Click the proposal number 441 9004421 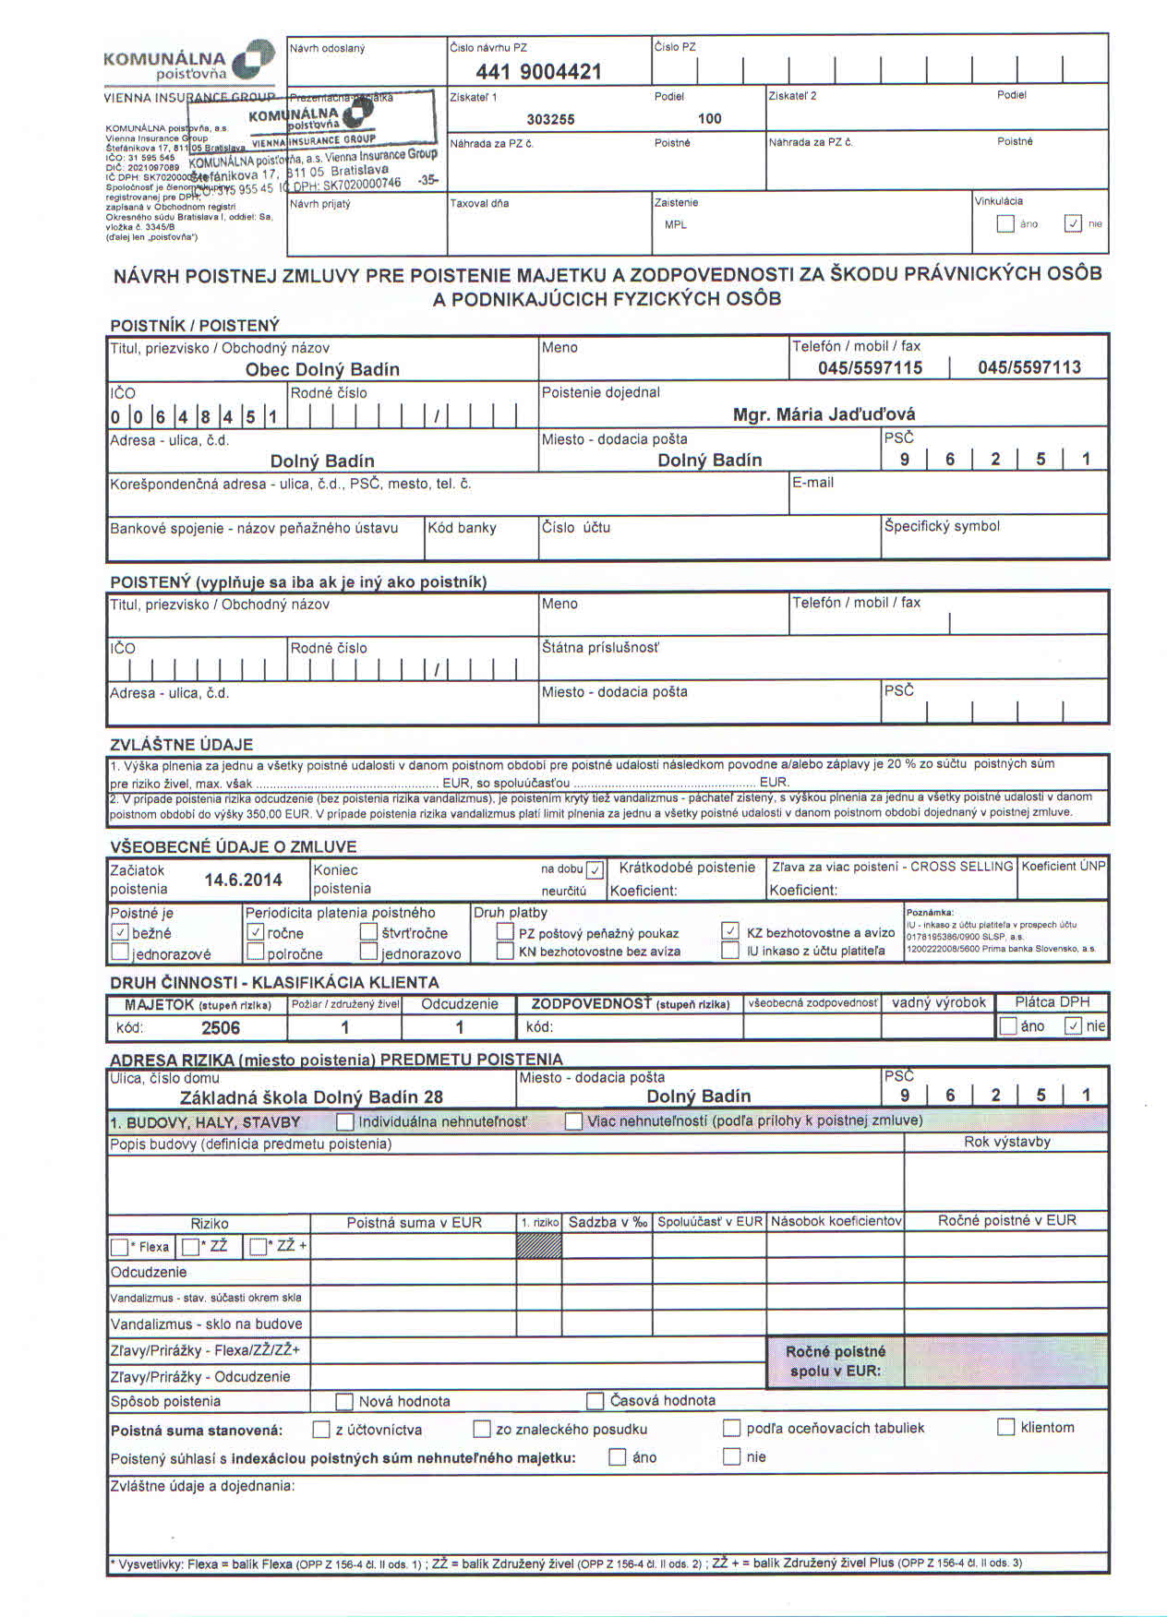tap(538, 72)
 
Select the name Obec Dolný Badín tap(322, 369)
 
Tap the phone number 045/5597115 tap(870, 367)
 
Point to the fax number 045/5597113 tap(1029, 367)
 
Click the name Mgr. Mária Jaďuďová tap(824, 414)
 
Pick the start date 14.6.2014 tap(243, 880)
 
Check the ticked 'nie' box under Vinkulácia tap(1073, 223)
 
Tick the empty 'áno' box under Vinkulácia tap(1006, 223)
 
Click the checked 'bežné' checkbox tap(119, 933)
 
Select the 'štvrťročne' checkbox tap(368, 932)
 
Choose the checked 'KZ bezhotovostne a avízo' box tap(730, 931)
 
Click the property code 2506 tap(221, 1028)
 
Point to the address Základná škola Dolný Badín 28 tap(311, 1097)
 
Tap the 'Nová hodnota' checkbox tap(344, 1402)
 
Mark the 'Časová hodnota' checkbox tap(596, 1401)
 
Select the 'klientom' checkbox tap(1006, 1428)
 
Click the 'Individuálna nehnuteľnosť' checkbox tap(345, 1122)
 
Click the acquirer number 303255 tap(550, 119)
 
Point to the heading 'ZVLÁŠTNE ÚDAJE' tap(181, 745)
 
